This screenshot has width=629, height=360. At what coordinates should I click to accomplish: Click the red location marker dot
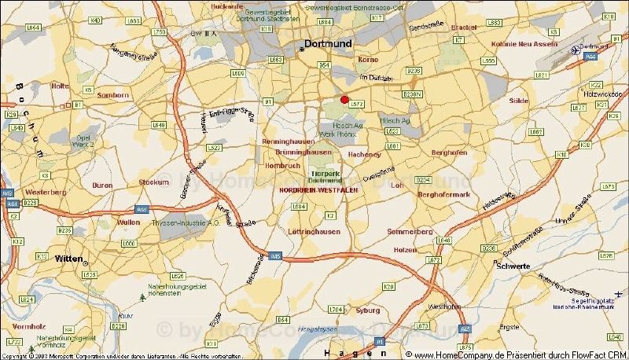(344, 99)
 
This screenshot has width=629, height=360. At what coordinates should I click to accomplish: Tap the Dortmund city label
(328, 45)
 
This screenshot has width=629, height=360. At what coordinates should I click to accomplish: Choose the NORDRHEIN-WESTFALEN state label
(314, 190)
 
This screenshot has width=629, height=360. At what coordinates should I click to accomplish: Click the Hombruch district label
(282, 166)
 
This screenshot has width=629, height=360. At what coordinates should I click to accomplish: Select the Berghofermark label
(443, 194)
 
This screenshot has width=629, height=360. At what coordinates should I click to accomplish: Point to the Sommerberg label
(410, 232)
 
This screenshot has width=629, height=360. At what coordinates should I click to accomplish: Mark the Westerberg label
(46, 192)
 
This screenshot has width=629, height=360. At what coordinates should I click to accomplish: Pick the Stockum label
(154, 182)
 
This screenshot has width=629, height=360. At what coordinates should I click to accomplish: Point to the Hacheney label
(364, 154)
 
